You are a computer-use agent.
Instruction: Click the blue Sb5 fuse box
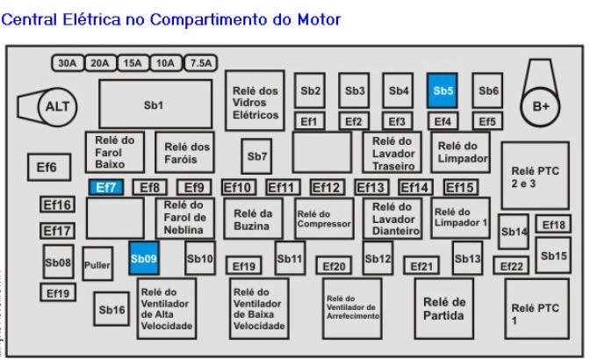(x=443, y=90)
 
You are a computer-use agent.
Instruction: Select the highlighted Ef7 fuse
(x=105, y=187)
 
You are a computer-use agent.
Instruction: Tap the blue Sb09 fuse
(x=143, y=258)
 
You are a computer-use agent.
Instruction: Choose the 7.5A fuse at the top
(x=201, y=63)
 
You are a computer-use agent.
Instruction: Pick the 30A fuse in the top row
(x=67, y=63)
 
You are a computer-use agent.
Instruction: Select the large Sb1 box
(x=155, y=104)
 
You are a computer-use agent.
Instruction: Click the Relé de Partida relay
(x=443, y=308)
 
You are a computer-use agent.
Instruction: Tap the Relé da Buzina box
(x=253, y=219)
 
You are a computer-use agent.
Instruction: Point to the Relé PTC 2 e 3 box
(x=535, y=176)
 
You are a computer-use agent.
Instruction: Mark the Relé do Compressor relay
(x=323, y=219)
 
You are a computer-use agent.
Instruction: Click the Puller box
(x=97, y=263)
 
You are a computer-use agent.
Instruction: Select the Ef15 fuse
(x=460, y=187)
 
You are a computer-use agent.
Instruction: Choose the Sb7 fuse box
(x=256, y=156)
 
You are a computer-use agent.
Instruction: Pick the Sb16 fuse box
(x=112, y=309)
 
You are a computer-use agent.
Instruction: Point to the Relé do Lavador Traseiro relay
(x=392, y=153)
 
